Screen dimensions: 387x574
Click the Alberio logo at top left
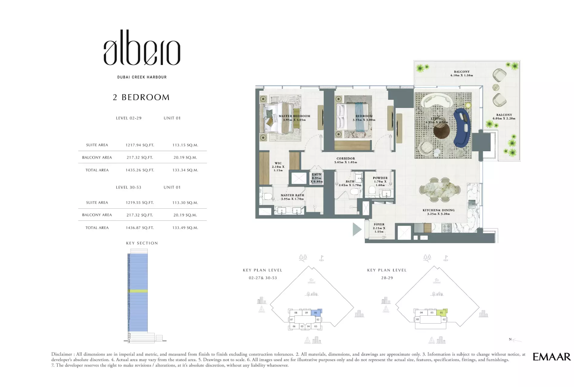pos(142,48)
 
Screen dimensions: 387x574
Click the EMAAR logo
pos(551,357)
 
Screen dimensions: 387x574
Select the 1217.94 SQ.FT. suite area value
pos(140,145)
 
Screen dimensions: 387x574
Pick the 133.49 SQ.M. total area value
pos(185,228)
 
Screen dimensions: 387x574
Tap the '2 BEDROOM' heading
pos(141,97)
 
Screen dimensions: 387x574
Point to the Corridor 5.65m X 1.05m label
pos(345,160)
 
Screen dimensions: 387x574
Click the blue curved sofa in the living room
pos(462,127)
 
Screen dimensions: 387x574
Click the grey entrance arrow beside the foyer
pos(357,229)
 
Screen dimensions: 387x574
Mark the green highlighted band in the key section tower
pos(138,291)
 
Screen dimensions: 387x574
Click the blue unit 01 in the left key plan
pos(316,313)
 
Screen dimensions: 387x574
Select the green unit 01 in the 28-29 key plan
pos(441,313)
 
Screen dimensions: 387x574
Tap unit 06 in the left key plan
pos(294,327)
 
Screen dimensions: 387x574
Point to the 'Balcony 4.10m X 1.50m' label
pos(461,73)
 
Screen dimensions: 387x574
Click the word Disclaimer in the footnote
pos(61,354)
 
